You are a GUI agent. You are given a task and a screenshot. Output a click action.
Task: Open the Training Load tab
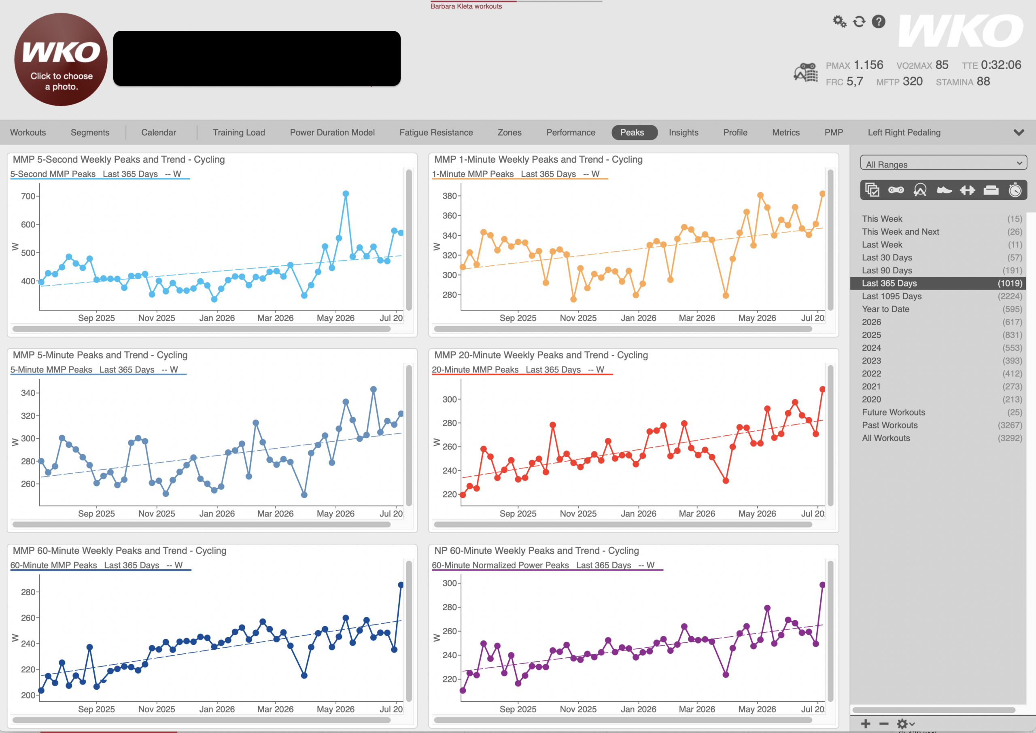[x=239, y=132]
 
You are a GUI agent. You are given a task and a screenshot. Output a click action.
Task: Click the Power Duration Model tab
[x=332, y=132]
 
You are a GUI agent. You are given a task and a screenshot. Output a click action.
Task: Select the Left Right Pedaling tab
[x=904, y=132]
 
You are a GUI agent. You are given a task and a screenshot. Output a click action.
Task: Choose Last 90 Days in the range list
[x=887, y=270]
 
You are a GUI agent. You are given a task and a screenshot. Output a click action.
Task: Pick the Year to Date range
[x=885, y=309]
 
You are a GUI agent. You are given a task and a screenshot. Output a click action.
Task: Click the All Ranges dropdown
[x=943, y=163]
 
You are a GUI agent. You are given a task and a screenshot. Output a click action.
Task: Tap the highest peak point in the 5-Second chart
[x=346, y=194]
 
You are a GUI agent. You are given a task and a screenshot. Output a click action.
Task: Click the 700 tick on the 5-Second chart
[x=28, y=196]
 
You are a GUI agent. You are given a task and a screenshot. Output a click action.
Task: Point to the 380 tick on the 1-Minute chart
[x=450, y=196]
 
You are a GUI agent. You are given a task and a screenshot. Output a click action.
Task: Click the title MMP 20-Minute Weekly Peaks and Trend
[x=541, y=355]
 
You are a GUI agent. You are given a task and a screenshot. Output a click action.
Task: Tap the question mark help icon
[x=879, y=21]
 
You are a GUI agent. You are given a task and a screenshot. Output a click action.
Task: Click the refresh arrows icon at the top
[x=859, y=21]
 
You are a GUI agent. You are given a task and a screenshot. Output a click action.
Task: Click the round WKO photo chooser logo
[x=61, y=59]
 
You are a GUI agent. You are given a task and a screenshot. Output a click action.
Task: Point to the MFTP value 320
[x=913, y=82]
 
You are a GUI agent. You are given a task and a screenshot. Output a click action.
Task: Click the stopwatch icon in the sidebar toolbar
[x=1015, y=190]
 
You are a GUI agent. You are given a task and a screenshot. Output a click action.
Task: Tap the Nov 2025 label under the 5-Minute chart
[x=157, y=514]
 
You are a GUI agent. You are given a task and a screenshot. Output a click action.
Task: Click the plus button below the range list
[x=865, y=724]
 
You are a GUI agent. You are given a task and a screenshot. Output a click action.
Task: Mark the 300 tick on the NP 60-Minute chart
[x=450, y=583]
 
